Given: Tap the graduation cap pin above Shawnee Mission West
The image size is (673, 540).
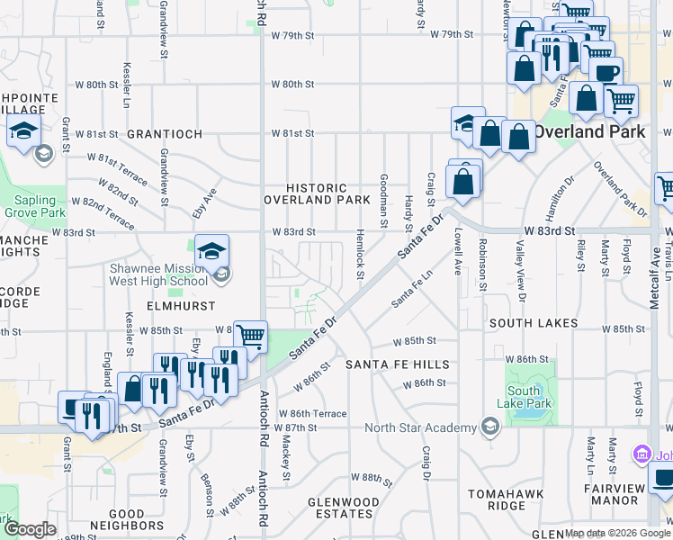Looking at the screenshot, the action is point(211,250).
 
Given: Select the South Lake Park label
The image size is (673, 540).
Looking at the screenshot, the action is point(524,397).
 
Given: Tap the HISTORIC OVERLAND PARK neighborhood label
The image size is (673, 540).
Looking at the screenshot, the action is point(317,193).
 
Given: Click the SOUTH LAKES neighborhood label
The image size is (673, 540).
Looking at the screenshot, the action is point(528,322).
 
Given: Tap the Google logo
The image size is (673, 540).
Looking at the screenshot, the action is point(31,529).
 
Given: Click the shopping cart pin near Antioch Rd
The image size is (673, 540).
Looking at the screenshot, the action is point(250,337).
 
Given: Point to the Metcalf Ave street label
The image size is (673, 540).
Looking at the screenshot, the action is point(656,282).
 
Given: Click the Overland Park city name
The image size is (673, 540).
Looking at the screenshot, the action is point(589,131).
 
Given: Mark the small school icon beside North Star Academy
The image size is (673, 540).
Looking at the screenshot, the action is point(489,426).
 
